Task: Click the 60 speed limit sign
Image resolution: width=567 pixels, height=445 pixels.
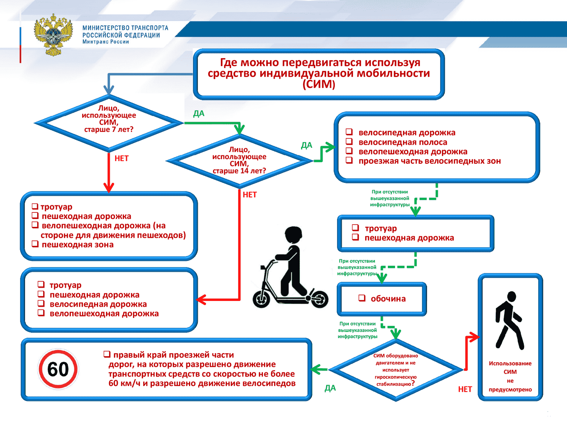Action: pos(58,369)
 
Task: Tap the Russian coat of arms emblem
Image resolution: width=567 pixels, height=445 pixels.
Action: pos(53,35)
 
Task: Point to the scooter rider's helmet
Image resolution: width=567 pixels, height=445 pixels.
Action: pos(294,234)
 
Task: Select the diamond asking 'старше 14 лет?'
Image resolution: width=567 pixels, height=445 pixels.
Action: pos(239,160)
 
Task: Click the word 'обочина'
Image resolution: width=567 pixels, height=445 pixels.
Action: pos(388,299)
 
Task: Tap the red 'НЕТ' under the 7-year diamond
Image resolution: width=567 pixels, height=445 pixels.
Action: pos(122,158)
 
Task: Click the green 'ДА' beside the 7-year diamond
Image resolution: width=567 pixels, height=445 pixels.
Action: pos(199,113)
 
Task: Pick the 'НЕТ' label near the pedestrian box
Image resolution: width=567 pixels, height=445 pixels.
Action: pos(465,389)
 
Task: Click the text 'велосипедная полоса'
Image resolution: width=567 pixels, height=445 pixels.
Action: pos(403,142)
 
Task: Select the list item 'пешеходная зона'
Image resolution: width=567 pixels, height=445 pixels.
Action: pos(78,245)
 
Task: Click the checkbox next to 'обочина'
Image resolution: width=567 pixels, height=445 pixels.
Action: pos(362,298)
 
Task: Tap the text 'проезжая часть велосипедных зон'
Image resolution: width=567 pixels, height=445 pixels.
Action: pos(430,161)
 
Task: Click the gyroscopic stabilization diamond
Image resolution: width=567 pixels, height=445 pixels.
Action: pos(396,369)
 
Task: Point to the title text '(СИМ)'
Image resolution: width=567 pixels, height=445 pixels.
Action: pos(319,84)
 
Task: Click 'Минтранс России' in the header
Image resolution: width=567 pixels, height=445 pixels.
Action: pos(106,42)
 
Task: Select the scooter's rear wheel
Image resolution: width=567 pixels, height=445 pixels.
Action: pos(320,299)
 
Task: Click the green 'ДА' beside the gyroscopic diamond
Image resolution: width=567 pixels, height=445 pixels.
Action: pos(330,388)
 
